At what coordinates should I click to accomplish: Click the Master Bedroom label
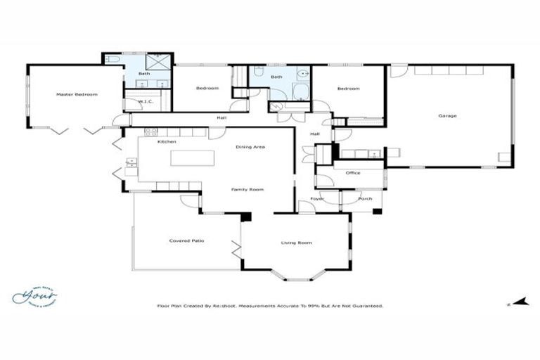tap(77, 94)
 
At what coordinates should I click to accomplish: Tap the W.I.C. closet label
tap(146, 102)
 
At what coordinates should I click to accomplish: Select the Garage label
tap(447, 115)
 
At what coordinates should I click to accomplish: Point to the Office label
tap(353, 172)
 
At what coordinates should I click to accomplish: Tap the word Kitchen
tap(167, 142)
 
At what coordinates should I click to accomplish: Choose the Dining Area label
tap(250, 147)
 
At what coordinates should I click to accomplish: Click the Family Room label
tap(248, 190)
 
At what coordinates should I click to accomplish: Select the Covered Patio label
tap(183, 241)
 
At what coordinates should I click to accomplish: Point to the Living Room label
tap(296, 243)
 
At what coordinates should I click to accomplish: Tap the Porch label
tap(365, 198)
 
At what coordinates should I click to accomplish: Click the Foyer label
tap(316, 198)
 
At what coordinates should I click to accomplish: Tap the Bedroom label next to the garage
tap(348, 89)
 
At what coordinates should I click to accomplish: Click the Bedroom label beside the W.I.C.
tap(207, 89)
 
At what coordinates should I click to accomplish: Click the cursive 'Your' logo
tap(34, 296)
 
